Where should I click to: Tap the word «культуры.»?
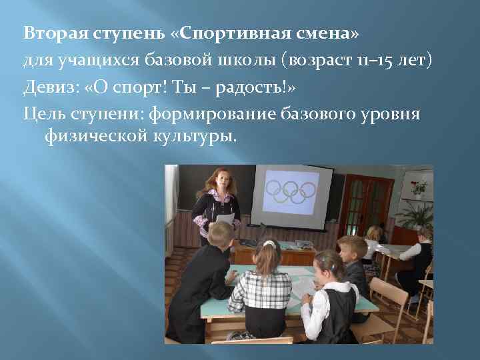(x=195, y=137)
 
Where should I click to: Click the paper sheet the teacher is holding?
(x=225, y=219)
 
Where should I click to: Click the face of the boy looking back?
(x=352, y=252)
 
